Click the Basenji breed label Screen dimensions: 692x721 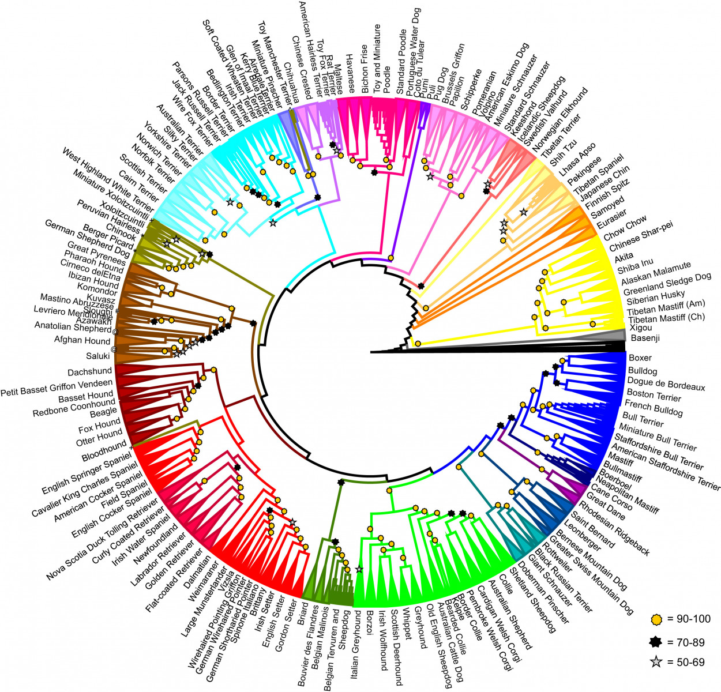(x=645, y=339)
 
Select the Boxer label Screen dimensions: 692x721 (x=640, y=358)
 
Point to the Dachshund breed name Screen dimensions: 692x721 (x=89, y=372)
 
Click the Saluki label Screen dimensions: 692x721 (x=97, y=356)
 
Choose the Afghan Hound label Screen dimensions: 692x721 (x=82, y=340)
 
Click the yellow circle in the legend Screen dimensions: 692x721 (x=656, y=619)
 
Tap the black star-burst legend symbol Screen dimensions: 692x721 (x=656, y=641)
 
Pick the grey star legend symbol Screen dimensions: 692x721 (x=656, y=663)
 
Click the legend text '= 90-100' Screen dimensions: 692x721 (x=689, y=619)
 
